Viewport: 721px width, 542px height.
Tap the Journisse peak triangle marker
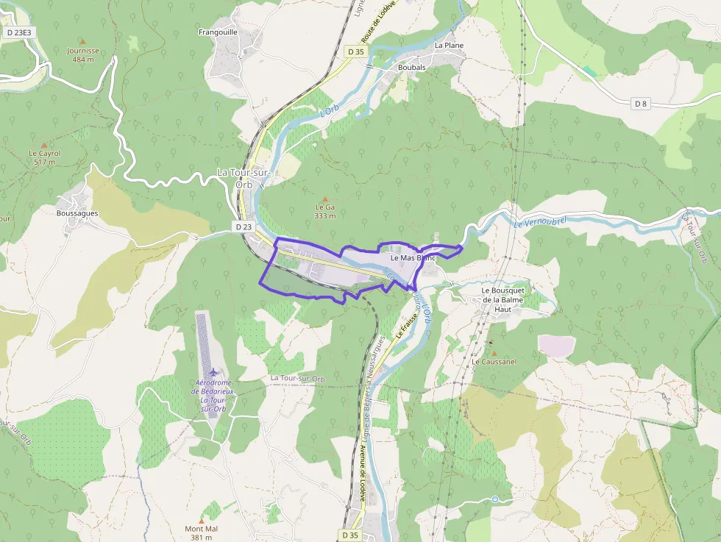tap(82, 41)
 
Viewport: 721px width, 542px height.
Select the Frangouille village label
tap(218, 32)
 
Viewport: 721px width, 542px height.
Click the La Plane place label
tap(449, 45)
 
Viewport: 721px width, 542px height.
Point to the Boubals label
tap(411, 67)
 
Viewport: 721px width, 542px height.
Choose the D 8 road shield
tap(641, 104)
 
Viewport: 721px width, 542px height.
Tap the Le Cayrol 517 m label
tap(44, 157)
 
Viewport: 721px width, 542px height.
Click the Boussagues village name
tap(77, 213)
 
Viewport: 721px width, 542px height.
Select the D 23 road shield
tap(244, 227)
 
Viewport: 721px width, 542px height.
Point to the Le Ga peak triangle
tap(325, 198)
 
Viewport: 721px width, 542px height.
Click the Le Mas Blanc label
tap(413, 258)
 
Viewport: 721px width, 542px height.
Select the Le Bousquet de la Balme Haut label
tap(505, 299)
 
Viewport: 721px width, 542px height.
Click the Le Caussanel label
tap(494, 362)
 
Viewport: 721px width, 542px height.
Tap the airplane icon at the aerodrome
tap(213, 373)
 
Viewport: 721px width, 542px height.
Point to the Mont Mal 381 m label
tap(202, 532)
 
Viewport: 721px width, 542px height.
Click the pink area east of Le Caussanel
tap(557, 346)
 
